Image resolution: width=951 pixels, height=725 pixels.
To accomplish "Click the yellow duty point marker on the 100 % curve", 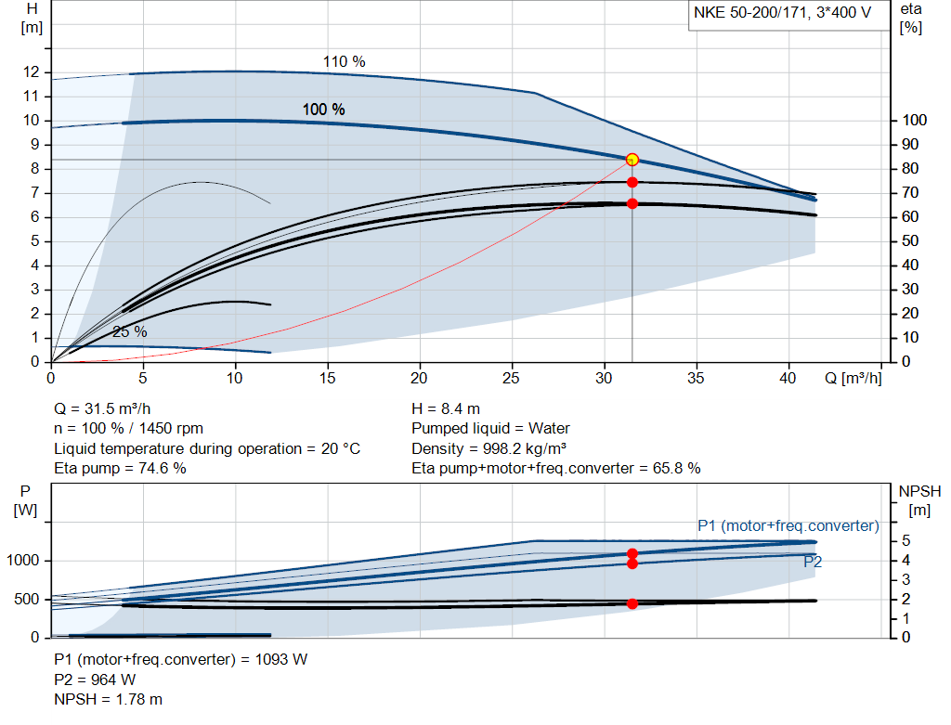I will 632,160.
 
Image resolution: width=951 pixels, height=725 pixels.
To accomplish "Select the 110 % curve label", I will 344,62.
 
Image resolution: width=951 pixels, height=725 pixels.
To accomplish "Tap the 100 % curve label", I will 323,110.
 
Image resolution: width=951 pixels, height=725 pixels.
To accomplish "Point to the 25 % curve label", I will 130,331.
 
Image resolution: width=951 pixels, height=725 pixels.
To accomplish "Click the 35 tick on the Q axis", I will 697,379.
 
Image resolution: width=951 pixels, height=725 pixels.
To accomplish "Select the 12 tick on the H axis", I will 32,72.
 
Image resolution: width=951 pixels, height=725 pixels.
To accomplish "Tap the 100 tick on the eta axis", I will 916,121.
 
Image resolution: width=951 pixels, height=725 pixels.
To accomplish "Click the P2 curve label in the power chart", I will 813,562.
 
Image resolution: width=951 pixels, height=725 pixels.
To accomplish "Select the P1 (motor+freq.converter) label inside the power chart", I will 788,526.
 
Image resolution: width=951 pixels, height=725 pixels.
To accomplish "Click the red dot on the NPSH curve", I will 632,603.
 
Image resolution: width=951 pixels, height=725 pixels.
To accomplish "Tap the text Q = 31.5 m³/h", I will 104,408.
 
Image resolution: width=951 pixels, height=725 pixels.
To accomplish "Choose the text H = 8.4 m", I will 446,408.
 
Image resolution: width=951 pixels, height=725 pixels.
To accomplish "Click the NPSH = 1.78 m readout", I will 109,699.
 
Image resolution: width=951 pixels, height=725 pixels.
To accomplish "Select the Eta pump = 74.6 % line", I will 120,469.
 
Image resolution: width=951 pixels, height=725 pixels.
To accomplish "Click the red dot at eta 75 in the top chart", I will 632,183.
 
